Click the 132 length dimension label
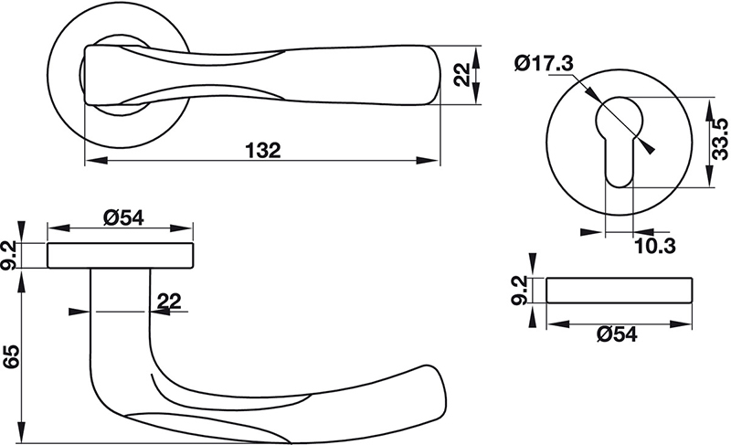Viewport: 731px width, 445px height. pyautogui.click(x=263, y=151)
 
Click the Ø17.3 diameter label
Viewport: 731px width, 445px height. pyautogui.click(x=544, y=63)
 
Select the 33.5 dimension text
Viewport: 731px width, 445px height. pyautogui.click(x=719, y=139)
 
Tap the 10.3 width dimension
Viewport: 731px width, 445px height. pyautogui.click(x=655, y=246)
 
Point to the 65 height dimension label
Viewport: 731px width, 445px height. pyautogui.click(x=11, y=357)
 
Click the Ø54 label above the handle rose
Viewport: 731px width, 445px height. pyautogui.click(x=123, y=217)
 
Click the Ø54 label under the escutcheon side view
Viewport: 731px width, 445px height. pyautogui.click(x=616, y=334)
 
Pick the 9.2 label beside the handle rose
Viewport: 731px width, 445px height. pyautogui.click(x=10, y=255)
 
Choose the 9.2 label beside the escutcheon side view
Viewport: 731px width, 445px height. pyautogui.click(x=519, y=290)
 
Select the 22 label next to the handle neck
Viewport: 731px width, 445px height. pyautogui.click(x=169, y=301)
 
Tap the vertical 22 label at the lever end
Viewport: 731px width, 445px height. pyautogui.click(x=462, y=75)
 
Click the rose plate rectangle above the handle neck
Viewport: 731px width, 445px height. pyautogui.click(x=121, y=255)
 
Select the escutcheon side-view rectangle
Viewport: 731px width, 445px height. pyautogui.click(x=620, y=291)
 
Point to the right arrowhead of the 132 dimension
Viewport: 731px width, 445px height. pyautogui.click(x=428, y=160)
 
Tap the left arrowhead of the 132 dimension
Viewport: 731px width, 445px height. pyautogui.click(x=96, y=160)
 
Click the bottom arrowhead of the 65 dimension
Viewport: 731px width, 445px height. pyautogui.click(x=20, y=431)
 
